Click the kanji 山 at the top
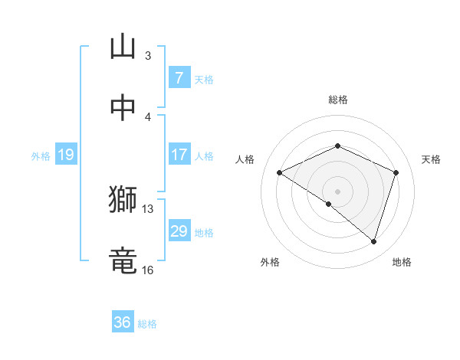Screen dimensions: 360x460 coord(123,47)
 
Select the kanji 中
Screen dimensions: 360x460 coord(123,107)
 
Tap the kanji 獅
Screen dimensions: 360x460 coord(123,200)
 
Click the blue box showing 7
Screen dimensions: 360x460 coord(179,77)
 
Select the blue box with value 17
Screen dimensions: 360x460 coord(179,155)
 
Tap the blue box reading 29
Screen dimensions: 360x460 coord(179,231)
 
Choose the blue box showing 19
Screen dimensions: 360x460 coord(65,155)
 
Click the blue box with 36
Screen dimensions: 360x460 coord(123,322)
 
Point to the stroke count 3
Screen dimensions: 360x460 coord(148,56)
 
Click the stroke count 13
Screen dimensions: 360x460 coord(148,208)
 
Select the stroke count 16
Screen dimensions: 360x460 coord(148,270)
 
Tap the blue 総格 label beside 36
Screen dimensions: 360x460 coord(147,324)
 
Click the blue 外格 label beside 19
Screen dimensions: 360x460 coord(41,156)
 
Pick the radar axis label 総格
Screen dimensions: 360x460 coord(337,100)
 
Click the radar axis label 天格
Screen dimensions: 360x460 coord(431,159)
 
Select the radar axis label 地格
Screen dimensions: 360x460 coord(402,263)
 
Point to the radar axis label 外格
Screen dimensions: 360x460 coord(270,263)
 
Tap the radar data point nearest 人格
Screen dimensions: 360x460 coord(280,173)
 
